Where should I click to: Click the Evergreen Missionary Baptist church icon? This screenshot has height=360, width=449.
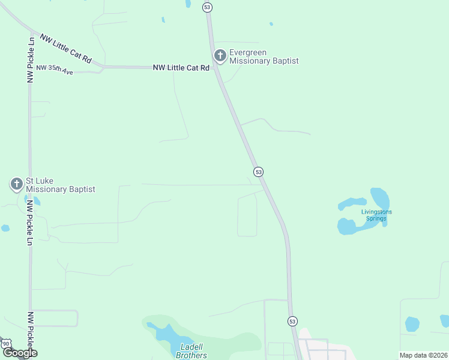(x=220, y=56)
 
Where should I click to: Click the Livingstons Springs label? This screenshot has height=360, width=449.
(x=376, y=215)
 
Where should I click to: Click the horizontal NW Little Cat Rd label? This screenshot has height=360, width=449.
(x=181, y=68)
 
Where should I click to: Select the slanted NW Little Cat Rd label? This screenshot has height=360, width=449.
(x=66, y=48)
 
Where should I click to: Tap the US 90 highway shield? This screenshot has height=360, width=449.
(x=6, y=343)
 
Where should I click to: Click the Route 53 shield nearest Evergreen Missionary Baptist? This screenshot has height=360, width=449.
(x=207, y=7)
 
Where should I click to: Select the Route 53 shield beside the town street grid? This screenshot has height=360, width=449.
(x=292, y=321)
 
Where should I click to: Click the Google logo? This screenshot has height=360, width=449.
(x=20, y=353)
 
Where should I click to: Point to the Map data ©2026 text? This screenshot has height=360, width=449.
(x=423, y=355)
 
